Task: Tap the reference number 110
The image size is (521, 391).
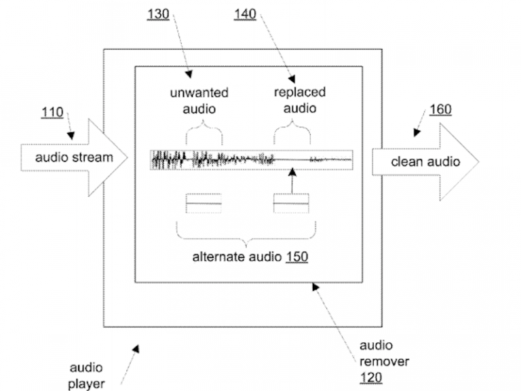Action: click(52, 112)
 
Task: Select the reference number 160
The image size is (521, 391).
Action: click(440, 109)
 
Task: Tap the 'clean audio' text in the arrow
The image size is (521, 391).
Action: click(425, 161)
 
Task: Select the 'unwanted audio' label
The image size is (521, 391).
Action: click(204, 100)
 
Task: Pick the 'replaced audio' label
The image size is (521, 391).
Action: click(299, 100)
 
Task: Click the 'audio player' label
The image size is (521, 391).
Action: click(87, 376)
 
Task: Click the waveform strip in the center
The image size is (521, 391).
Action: click(250, 160)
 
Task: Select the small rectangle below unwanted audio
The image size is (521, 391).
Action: click(204, 203)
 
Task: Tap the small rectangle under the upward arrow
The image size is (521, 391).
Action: click(291, 203)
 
